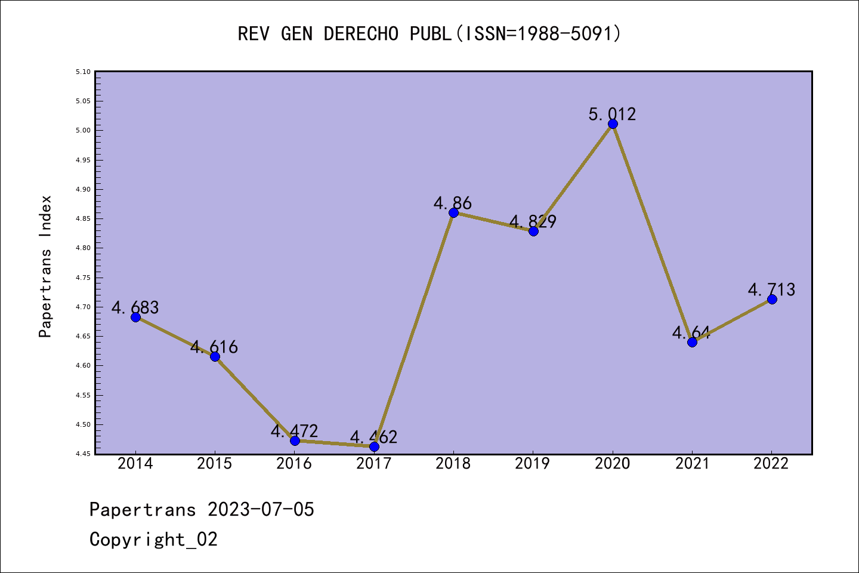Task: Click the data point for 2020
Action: pyautogui.click(x=613, y=124)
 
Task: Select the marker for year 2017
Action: pyautogui.click(x=374, y=446)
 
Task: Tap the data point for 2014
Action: pyautogui.click(x=135, y=317)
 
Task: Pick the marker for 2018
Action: pyautogui.click(x=453, y=213)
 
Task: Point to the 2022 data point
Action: pyautogui.click(x=772, y=299)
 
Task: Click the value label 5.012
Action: pyautogui.click(x=612, y=114)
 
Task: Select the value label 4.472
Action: pyautogui.click(x=294, y=431)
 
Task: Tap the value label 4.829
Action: pyautogui.click(x=533, y=221)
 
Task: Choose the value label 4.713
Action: pyautogui.click(x=771, y=289)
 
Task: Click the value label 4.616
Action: pyautogui.click(x=214, y=347)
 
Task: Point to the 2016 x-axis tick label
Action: pyautogui.click(x=294, y=464)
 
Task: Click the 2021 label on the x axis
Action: pyautogui.click(x=692, y=464)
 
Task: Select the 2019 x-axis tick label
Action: pyautogui.click(x=533, y=464)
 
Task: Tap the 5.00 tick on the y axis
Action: pyautogui.click(x=84, y=131)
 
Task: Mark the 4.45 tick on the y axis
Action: pyautogui.click(x=84, y=454)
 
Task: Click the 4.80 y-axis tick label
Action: pyautogui.click(x=84, y=248)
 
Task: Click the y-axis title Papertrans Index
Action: pyautogui.click(x=45, y=266)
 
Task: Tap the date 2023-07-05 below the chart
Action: pyautogui.click(x=261, y=510)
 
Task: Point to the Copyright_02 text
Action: pyautogui.click(x=153, y=540)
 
